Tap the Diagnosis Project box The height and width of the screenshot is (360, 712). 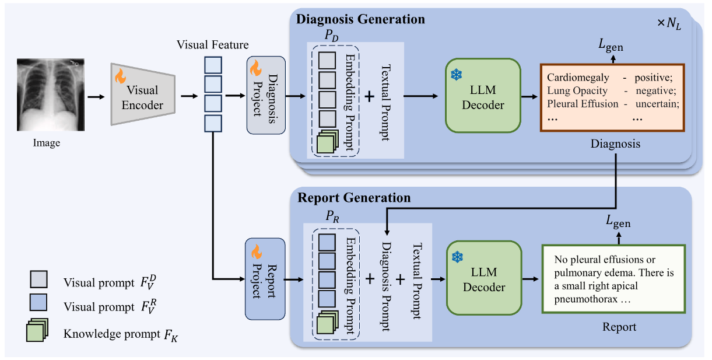266,95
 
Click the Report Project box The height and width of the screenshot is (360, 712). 265,278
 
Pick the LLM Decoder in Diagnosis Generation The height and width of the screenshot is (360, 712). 482,95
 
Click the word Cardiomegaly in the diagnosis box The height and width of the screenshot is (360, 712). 578,78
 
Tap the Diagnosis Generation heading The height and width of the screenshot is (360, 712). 361,19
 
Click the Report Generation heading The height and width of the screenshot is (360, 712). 354,198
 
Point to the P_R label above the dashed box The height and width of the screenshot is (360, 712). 332,217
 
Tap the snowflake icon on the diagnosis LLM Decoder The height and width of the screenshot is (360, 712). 456,75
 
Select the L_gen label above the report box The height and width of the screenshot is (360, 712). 618,222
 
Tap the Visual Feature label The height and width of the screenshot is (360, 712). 213,44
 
